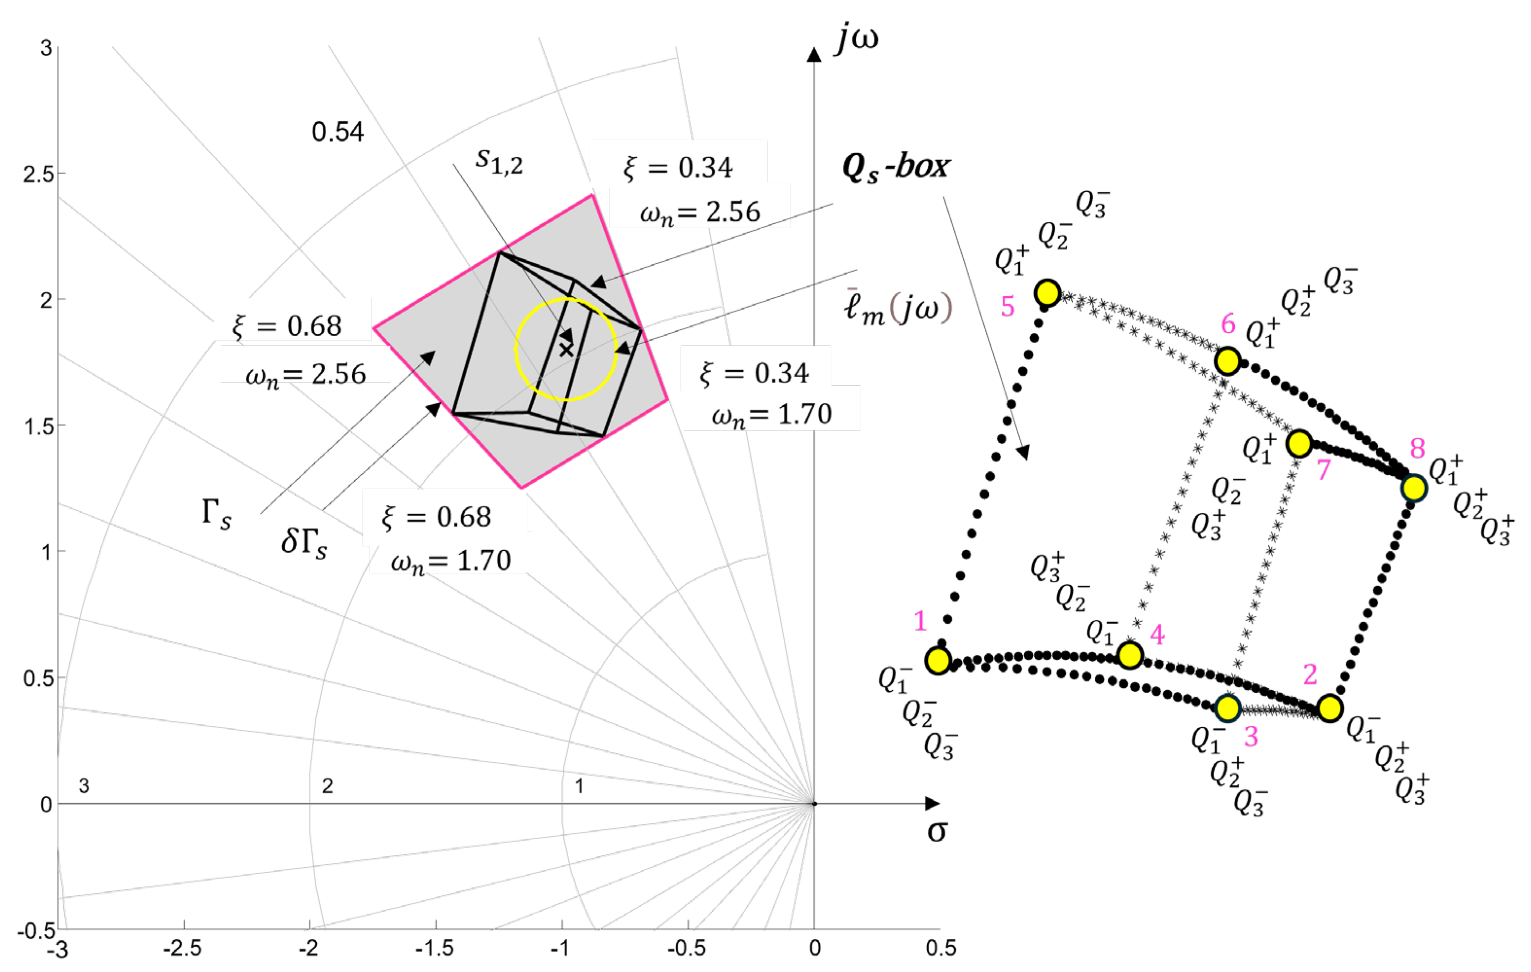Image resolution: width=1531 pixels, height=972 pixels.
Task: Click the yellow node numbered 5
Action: click(x=1047, y=292)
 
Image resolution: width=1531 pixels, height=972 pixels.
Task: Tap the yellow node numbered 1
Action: click(x=938, y=661)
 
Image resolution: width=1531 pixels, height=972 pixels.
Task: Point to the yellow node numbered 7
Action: click(x=1299, y=443)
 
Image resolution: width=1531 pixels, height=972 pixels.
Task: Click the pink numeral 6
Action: click(x=1228, y=324)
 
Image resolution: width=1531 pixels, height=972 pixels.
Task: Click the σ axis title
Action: click(x=937, y=831)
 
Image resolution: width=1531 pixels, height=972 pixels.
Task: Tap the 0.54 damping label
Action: click(x=338, y=132)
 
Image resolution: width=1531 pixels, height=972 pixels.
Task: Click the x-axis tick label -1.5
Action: click(x=434, y=949)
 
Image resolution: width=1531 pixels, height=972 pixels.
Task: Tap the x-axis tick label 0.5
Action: click(x=940, y=949)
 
